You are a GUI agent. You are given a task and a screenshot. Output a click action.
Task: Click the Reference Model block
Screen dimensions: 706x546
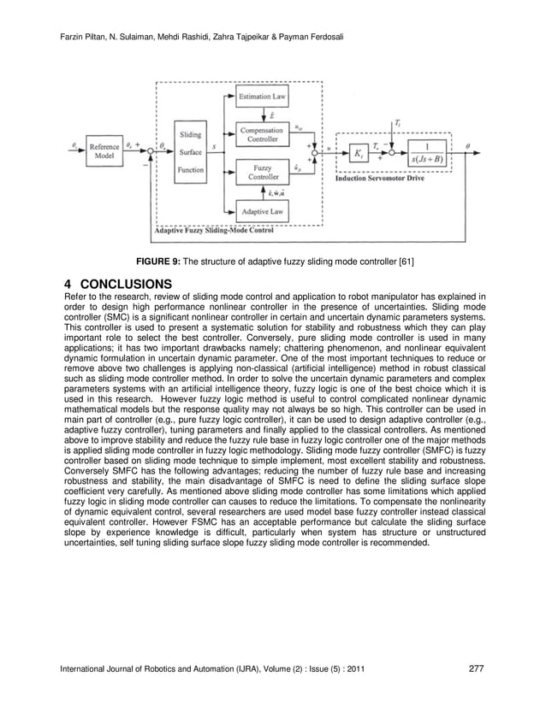[x=105, y=151]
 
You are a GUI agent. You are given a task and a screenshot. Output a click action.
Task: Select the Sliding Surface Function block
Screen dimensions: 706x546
[x=190, y=152]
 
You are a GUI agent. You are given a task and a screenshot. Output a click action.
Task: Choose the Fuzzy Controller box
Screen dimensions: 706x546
[x=265, y=173]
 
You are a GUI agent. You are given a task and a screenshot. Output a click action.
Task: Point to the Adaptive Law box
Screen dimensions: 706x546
[x=265, y=209]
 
